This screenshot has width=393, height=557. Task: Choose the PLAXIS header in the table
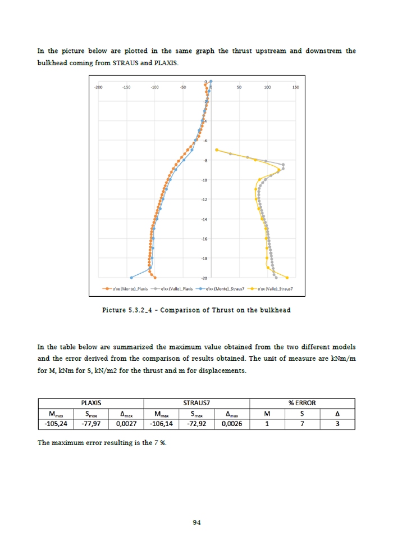point(90,403)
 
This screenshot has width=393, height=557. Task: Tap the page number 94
point(196,523)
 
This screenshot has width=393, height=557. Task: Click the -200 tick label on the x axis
point(98,88)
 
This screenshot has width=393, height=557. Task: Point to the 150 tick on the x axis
point(295,88)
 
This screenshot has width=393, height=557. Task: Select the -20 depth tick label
point(204,278)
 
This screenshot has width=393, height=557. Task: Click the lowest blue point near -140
point(131,278)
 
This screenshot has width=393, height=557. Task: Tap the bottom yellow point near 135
point(287,278)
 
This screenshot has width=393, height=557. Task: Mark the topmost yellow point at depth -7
point(217,150)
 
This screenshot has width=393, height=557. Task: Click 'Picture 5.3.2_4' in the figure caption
point(130,310)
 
